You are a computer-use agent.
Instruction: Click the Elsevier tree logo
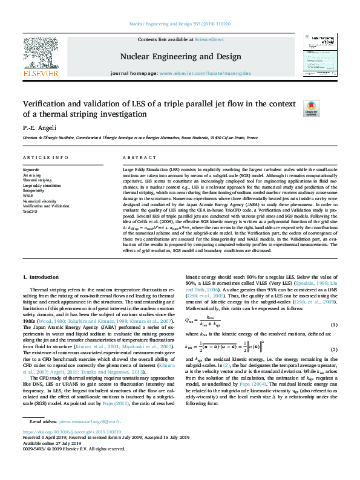pos(41,57)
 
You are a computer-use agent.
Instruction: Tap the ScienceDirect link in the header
pos(209,39)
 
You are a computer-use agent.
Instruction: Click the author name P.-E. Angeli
pos(39,128)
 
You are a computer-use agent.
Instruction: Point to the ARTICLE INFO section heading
pos(45,158)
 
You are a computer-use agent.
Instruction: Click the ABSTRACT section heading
pos(136,158)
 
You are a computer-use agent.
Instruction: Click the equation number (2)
pos(333,350)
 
